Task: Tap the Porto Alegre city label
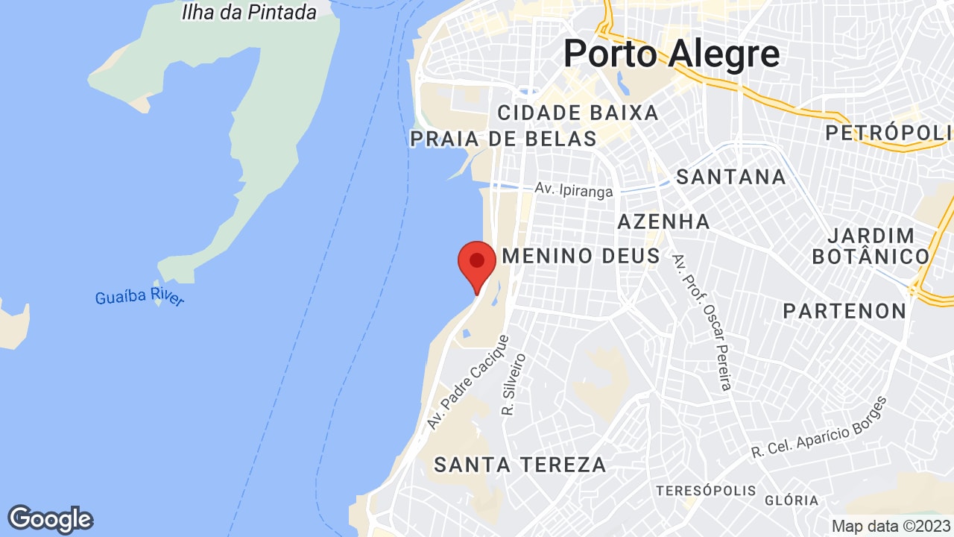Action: click(x=672, y=54)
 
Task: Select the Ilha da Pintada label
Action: click(x=249, y=12)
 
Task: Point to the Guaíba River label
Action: click(x=139, y=298)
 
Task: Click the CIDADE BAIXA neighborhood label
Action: click(x=578, y=113)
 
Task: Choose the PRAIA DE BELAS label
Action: click(x=504, y=139)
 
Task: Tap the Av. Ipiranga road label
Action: click(x=574, y=190)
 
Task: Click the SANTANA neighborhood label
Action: click(x=730, y=177)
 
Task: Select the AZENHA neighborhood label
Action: click(x=663, y=222)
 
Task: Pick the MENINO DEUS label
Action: click(x=581, y=257)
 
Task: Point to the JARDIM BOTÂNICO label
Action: click(x=871, y=246)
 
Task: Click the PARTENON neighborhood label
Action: click(x=844, y=311)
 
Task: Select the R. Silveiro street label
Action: click(x=514, y=385)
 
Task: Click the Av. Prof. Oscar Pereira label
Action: click(x=703, y=321)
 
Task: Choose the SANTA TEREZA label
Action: click(x=520, y=465)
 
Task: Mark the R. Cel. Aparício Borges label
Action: click(x=819, y=428)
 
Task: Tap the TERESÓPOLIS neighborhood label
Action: click(x=705, y=491)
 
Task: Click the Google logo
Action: click(x=50, y=519)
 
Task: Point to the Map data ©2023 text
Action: click(x=891, y=526)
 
